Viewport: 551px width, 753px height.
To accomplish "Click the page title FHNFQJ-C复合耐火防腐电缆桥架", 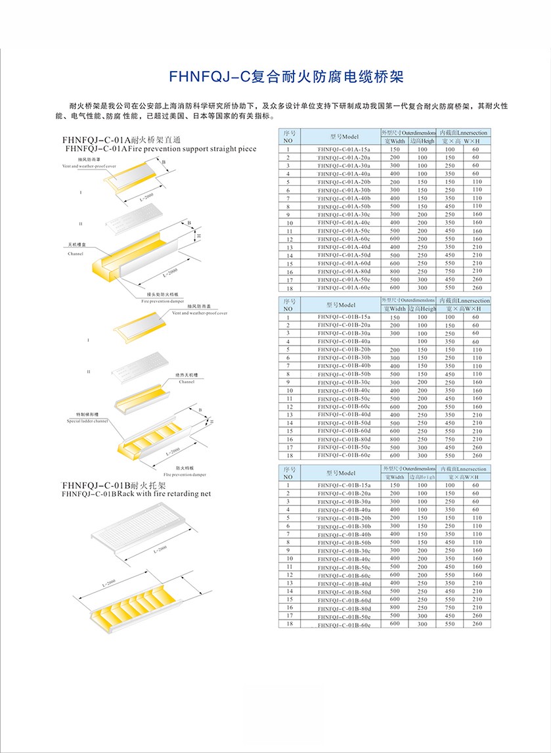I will pos(276,77).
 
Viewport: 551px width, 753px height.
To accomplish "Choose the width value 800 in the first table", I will pos(395,271).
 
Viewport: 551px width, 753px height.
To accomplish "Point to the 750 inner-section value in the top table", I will pos(449,271).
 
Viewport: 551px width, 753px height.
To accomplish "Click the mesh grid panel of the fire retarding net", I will pos(144,526).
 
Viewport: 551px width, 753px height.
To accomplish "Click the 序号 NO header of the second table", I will pos(288,305).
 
